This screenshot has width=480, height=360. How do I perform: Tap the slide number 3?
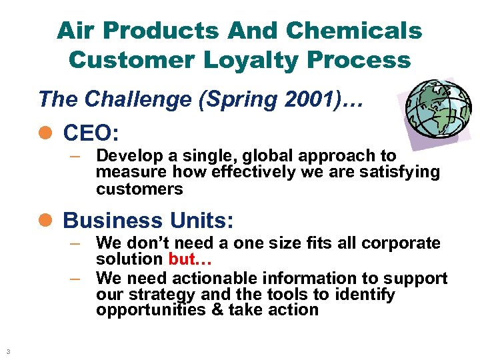(7, 351)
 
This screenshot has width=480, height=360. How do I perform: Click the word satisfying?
(399, 172)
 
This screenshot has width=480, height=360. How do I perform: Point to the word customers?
(139, 189)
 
